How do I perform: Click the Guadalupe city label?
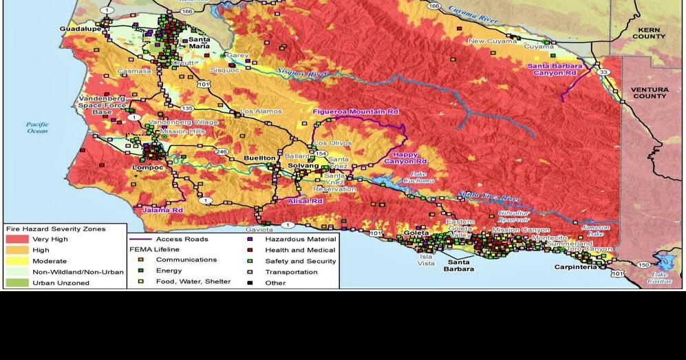[x=79, y=29]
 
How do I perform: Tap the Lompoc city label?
[x=147, y=167]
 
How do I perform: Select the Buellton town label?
[x=259, y=158]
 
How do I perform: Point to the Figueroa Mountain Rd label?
[x=356, y=112]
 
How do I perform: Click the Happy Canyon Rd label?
[x=406, y=158]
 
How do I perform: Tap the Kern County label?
[x=648, y=33]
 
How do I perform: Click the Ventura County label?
[x=649, y=93]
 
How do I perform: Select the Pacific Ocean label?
[x=37, y=127]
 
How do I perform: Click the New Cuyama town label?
[x=492, y=41]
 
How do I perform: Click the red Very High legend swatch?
[x=17, y=240]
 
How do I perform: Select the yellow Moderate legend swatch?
[x=17, y=261]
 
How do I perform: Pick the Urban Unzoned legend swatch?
[x=17, y=283]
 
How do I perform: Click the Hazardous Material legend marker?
[x=250, y=240]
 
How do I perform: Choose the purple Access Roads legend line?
[x=141, y=240]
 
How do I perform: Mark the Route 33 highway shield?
[x=603, y=72]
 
